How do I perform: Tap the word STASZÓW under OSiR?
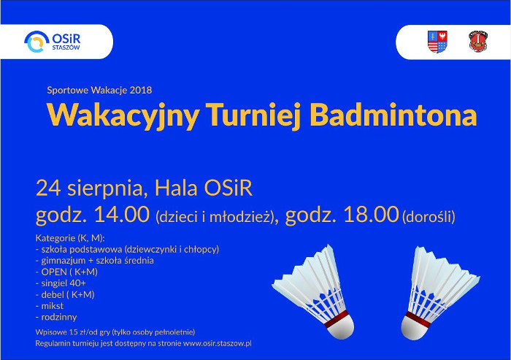pyautogui.click(x=66, y=47)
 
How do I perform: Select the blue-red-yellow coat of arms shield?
pyautogui.click(x=437, y=42)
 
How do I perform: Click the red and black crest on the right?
pyautogui.click(x=478, y=42)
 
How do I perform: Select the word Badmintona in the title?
pyautogui.click(x=393, y=115)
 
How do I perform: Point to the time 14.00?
pyautogui.click(x=122, y=215)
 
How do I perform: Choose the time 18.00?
pyautogui.click(x=371, y=215)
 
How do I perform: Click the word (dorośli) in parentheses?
pyautogui.click(x=429, y=217)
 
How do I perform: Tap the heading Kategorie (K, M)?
pyautogui.click(x=70, y=238)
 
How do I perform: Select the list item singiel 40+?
pyautogui.click(x=64, y=283)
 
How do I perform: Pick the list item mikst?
pyautogui.click(x=52, y=306)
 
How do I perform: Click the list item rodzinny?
pyautogui.click(x=59, y=318)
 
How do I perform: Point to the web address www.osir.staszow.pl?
pyautogui.click(x=218, y=344)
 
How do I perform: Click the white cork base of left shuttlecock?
pyautogui.click(x=341, y=326)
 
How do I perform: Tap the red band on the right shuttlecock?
pyautogui.click(x=418, y=318)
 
